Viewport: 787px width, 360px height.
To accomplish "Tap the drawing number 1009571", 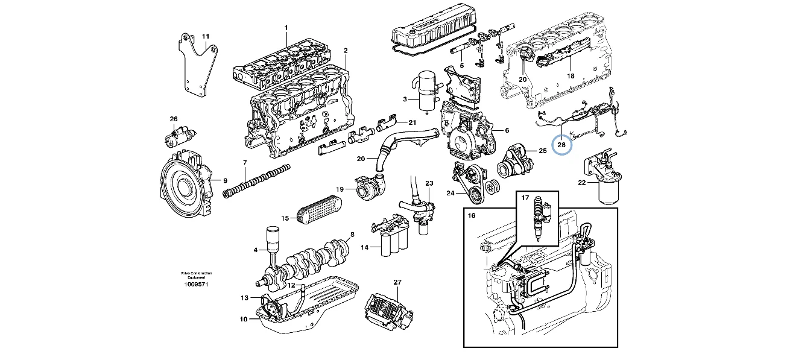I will (196, 283).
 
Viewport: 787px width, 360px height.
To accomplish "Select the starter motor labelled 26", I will (180, 136).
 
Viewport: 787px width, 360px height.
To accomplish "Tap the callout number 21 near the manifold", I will (412, 122).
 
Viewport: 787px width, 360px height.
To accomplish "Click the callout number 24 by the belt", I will (450, 194).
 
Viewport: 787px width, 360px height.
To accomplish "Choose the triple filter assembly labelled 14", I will (391, 239).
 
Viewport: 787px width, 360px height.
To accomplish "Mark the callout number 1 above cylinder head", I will (286, 27).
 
